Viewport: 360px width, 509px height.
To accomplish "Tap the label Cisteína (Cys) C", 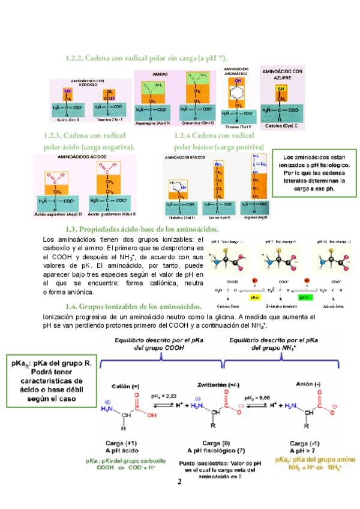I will [281, 126].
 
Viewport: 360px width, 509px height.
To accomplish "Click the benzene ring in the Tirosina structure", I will [238, 95].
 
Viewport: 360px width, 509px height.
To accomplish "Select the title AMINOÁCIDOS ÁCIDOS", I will [82, 156].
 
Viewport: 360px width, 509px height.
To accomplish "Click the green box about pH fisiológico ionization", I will [311, 173].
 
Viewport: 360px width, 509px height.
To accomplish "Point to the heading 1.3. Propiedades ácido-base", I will [141, 229].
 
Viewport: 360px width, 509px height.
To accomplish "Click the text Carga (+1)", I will [128, 442].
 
